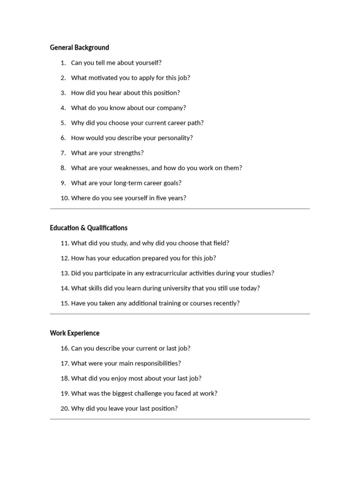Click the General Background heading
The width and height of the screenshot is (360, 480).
point(79,47)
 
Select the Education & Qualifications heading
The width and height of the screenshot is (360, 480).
point(89,228)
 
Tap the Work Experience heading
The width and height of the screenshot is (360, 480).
point(75,333)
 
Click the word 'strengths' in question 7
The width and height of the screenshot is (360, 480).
point(127,153)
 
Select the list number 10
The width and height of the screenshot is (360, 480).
point(65,198)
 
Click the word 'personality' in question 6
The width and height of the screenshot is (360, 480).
point(173,138)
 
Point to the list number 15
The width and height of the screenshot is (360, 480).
point(65,303)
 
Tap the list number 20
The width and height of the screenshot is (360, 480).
point(65,408)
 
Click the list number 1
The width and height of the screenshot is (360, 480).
point(63,63)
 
